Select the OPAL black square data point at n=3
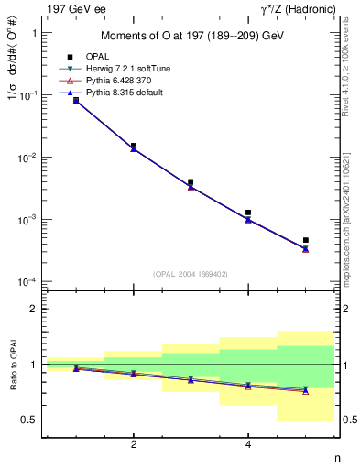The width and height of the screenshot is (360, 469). pyautogui.click(x=191, y=182)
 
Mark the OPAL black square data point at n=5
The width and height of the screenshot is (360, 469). pyautogui.click(x=305, y=240)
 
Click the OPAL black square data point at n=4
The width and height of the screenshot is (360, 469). pyautogui.click(x=248, y=213)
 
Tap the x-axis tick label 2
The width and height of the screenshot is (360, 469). pyautogui.click(x=134, y=445)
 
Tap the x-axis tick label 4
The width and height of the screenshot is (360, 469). pyautogui.click(x=248, y=445)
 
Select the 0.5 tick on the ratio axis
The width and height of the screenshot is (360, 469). pyautogui.click(x=30, y=420)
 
